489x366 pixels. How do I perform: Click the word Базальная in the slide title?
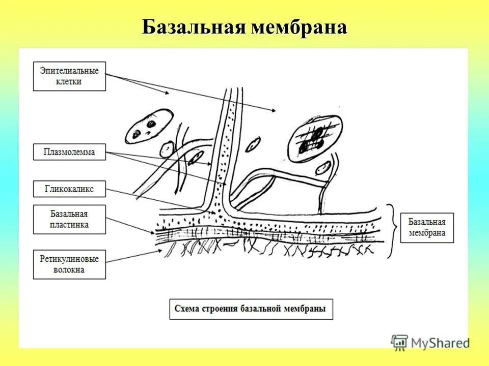pyautogui.click(x=194, y=27)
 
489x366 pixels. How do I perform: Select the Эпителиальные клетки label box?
pyautogui.click(x=69, y=76)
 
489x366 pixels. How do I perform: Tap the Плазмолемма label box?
pyautogui.click(x=69, y=152)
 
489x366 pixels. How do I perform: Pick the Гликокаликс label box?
pyautogui.click(x=69, y=189)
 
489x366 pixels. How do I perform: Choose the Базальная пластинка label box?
pyautogui.click(x=69, y=219)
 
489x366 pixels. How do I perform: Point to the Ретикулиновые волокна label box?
pyautogui.click(x=69, y=264)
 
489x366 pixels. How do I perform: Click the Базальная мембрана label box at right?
pyautogui.click(x=426, y=227)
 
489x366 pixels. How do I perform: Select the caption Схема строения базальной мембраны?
pyautogui.click(x=251, y=309)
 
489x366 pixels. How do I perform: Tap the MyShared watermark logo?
pyautogui.click(x=430, y=342)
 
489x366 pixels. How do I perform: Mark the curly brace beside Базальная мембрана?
pyautogui.click(x=391, y=231)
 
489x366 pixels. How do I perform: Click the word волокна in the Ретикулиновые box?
pyautogui.click(x=69, y=270)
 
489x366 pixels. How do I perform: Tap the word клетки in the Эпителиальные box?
pyautogui.click(x=69, y=82)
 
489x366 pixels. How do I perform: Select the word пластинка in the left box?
pyautogui.click(x=69, y=225)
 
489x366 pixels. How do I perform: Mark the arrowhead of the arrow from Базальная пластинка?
pyautogui.click(x=153, y=232)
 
